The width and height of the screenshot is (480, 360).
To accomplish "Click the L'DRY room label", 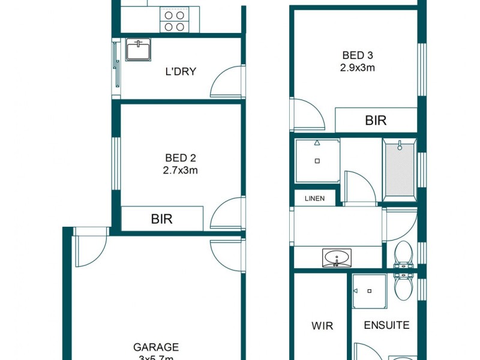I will pyautogui.click(x=181, y=72).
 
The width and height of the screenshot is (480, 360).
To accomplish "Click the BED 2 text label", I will pyautogui.click(x=181, y=158).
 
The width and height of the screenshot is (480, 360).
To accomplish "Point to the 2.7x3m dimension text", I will pyautogui.click(x=181, y=170).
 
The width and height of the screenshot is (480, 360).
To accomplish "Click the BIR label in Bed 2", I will pyautogui.click(x=161, y=219).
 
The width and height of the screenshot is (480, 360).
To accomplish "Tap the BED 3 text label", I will pyautogui.click(x=354, y=56).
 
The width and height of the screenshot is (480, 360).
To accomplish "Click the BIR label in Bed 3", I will pyautogui.click(x=376, y=121).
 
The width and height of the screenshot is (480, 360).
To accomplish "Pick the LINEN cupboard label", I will pyautogui.click(x=314, y=198).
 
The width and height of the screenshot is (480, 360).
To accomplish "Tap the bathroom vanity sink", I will pyautogui.click(x=338, y=259).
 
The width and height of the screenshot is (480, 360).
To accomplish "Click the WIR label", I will pyautogui.click(x=322, y=326).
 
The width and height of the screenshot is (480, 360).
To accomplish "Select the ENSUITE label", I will pyautogui.click(x=387, y=325).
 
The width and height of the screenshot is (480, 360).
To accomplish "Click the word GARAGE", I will pyautogui.click(x=156, y=347).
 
